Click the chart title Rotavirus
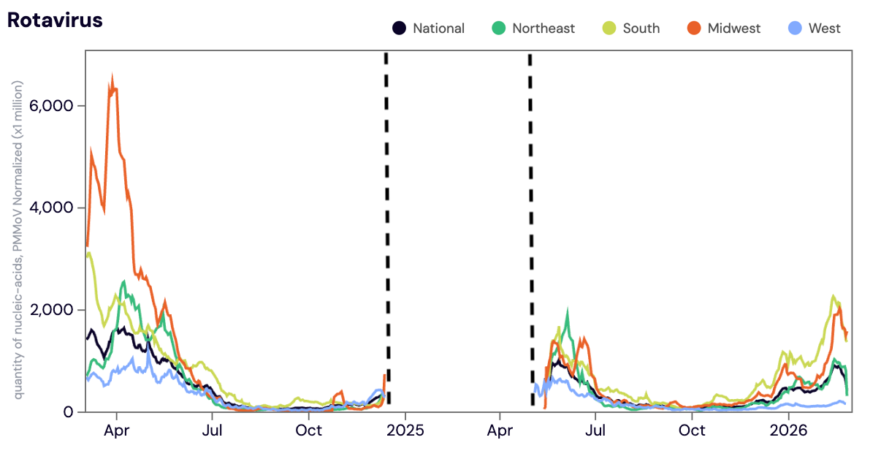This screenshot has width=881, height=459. pos(55,20)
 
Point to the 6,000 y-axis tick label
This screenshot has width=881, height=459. pos(53,105)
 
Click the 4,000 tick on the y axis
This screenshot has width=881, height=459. pos(53,208)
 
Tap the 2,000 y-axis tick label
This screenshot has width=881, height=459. pos(53,310)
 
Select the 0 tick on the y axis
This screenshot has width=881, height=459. pos(69,412)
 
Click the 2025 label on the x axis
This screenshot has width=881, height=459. pos(405,430)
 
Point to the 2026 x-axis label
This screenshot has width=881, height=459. pos(790,430)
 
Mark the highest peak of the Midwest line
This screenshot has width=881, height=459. pos(112,76)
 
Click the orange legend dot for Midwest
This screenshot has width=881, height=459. pos(694,29)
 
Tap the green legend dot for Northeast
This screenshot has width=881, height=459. pos(498,29)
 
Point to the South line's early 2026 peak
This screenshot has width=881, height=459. pos(834,296)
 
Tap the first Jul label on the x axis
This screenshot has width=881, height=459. pos(212,430)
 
